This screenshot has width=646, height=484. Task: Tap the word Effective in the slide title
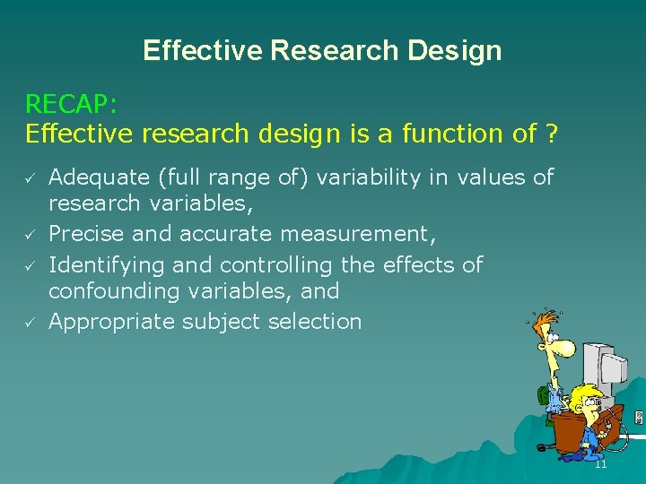(x=202, y=50)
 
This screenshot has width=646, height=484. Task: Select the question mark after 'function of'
(x=551, y=134)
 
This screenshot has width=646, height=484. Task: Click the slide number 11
(x=601, y=463)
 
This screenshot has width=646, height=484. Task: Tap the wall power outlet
(x=638, y=418)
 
